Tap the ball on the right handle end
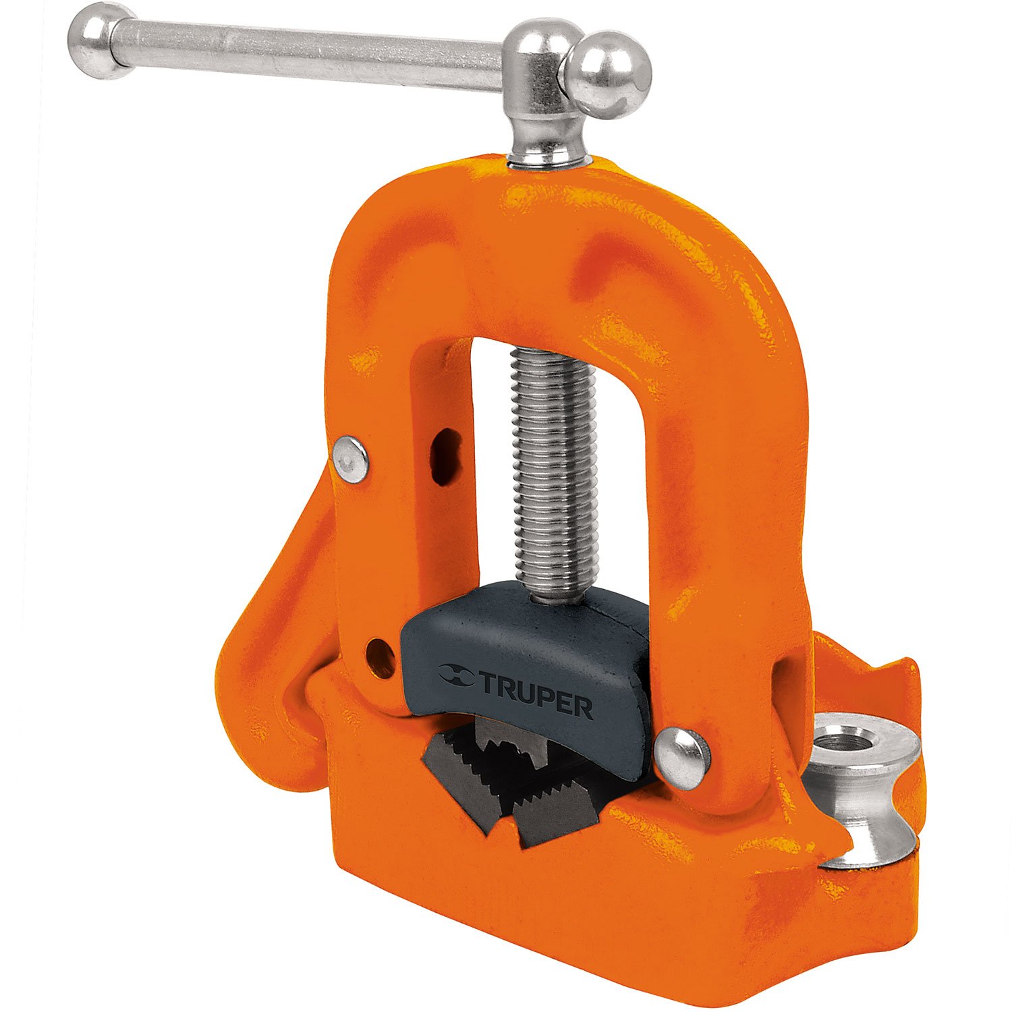point(609,75)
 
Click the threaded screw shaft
point(553,472)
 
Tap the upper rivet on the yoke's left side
point(351,459)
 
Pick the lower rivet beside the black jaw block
point(683,758)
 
